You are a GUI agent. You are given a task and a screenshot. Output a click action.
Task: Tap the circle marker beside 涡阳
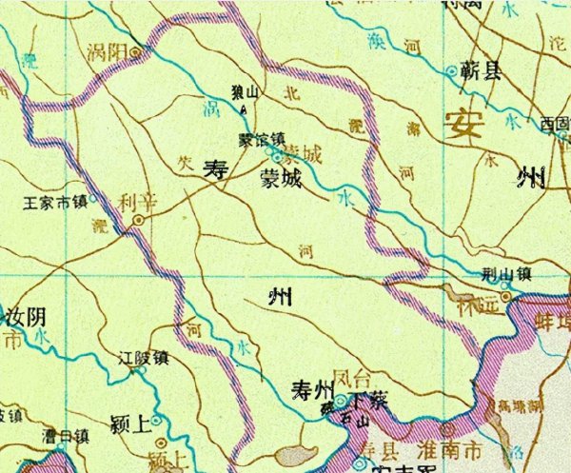pos(137,51)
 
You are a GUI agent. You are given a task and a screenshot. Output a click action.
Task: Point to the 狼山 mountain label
pos(246,92)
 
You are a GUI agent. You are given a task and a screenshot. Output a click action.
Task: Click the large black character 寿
pos(218,172)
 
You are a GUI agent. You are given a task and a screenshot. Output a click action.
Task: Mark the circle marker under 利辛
pos(139,220)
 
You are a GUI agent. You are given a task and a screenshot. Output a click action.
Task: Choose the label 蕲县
pos(481,70)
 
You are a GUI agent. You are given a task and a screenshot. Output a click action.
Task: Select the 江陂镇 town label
pos(142,359)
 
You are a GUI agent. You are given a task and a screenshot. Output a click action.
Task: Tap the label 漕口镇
pos(65,437)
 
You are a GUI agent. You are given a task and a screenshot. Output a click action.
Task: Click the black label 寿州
pos(311,388)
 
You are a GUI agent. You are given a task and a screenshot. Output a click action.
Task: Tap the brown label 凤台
pos(353,377)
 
